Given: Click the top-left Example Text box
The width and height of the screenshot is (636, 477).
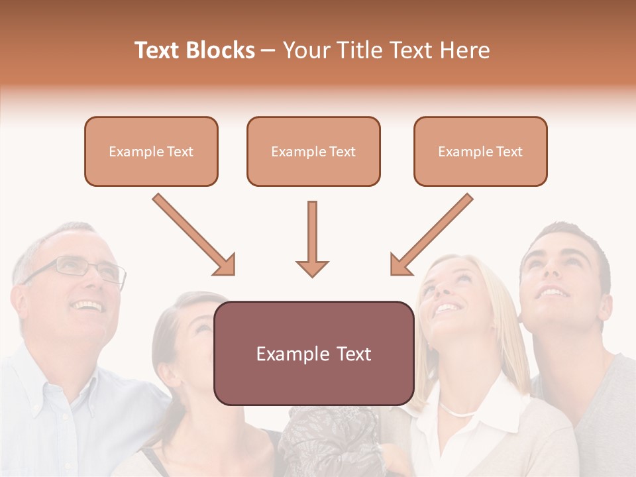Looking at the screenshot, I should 151,151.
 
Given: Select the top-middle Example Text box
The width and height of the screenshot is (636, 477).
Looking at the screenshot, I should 313,151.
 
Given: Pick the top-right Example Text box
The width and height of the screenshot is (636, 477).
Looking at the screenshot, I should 480,151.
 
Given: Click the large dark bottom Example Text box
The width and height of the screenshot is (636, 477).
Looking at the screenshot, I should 313,353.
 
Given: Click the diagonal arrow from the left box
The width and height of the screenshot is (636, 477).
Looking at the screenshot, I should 194,235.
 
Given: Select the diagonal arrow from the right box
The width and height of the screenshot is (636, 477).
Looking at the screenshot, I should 431,235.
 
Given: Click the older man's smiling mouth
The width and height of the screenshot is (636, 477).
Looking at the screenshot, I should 88,306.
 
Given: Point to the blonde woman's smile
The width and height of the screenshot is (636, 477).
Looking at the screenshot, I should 448,307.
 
